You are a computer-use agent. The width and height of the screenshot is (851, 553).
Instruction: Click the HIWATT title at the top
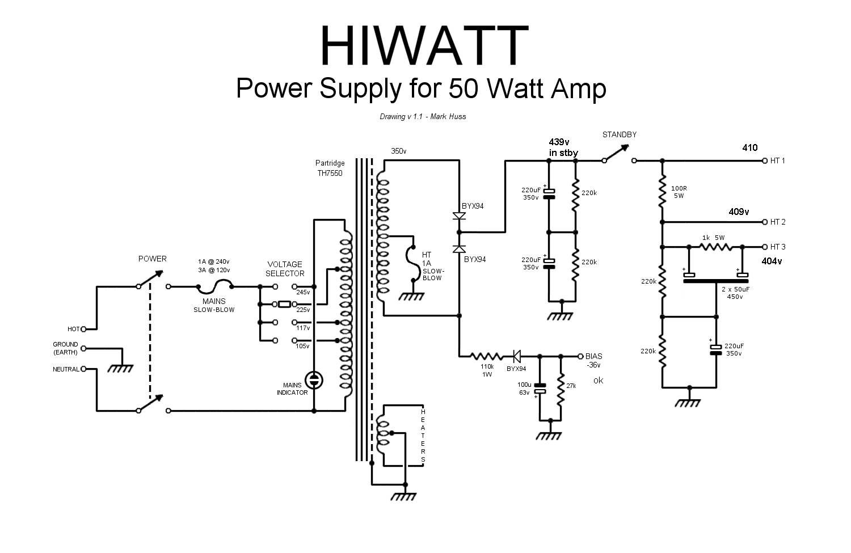(424, 47)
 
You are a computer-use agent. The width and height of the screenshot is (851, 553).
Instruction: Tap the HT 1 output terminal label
(778, 161)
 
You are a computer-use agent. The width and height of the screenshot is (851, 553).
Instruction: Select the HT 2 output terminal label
(778, 222)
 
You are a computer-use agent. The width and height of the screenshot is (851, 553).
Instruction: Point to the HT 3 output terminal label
(778, 247)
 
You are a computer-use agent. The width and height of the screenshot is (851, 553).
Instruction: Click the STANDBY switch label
(620, 134)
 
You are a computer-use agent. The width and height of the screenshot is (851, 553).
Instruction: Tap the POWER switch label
(153, 259)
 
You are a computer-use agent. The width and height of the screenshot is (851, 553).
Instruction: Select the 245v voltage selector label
(304, 293)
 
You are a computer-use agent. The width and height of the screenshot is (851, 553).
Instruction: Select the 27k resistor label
(571, 386)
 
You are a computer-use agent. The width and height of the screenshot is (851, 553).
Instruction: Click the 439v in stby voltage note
(563, 147)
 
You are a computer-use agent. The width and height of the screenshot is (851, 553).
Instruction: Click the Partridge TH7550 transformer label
(330, 168)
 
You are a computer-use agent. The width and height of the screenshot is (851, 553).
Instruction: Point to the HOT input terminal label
(74, 329)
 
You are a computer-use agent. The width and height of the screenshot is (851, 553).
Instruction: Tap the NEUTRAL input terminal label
(66, 369)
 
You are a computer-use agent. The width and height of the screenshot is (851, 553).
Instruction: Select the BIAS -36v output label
(594, 361)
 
